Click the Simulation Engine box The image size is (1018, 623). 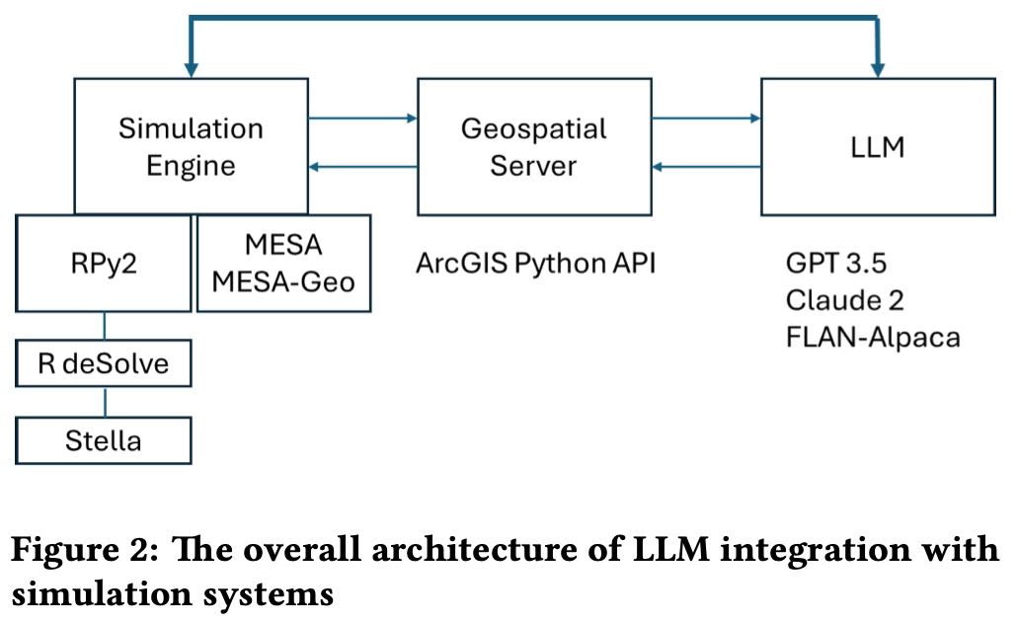coord(191,146)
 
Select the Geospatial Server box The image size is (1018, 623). coord(533,146)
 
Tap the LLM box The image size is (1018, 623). coord(877,146)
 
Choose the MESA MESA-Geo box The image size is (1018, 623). coord(284,263)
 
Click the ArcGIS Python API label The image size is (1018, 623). coord(536,264)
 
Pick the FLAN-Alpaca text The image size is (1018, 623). coord(873,337)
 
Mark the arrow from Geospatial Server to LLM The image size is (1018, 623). coord(705,119)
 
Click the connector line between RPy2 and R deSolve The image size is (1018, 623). coord(105,327)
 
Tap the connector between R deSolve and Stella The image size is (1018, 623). coord(105,402)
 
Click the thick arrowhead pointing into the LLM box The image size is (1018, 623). coord(876,66)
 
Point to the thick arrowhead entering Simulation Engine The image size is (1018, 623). coord(191,66)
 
